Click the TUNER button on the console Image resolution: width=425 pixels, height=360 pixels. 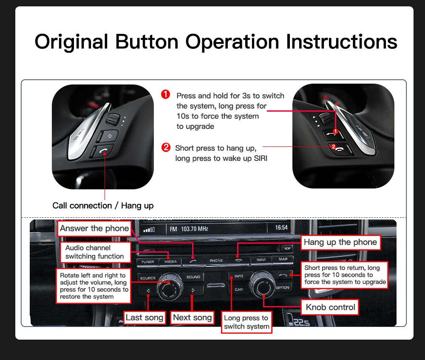click(x=147, y=262)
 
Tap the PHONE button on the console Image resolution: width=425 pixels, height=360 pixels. click(x=216, y=260)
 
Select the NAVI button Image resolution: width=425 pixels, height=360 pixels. click(x=261, y=259)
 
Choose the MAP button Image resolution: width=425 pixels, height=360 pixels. click(x=283, y=259)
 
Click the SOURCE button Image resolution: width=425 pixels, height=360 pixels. click(x=148, y=278)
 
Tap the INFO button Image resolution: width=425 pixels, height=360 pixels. click(x=238, y=276)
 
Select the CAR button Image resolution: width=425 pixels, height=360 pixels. click(x=238, y=290)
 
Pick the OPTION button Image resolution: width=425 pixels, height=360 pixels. click(x=283, y=287)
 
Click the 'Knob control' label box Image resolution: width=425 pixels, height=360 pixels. click(x=330, y=307)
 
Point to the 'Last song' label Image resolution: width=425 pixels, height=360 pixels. click(x=144, y=318)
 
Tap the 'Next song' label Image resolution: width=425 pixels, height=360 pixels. click(x=192, y=318)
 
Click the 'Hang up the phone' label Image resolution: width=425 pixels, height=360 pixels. click(x=340, y=242)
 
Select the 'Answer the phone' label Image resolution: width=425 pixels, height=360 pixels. click(x=94, y=228)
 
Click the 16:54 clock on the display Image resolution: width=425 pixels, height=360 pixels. click(x=281, y=228)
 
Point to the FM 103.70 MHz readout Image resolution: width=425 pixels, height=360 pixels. click(x=189, y=229)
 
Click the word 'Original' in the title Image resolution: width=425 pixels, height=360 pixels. click(x=71, y=42)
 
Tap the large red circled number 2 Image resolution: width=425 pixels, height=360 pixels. click(x=166, y=147)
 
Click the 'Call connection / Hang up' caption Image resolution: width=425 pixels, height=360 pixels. click(x=103, y=206)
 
